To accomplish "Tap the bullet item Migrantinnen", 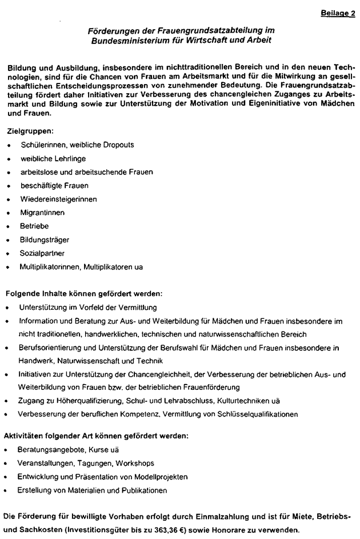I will click(42, 213).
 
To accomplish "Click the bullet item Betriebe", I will click(34, 226).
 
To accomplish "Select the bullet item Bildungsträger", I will click(43, 239).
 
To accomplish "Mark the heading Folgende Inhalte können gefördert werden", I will click(84, 294).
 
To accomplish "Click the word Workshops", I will click(135, 463).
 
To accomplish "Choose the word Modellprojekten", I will click(154, 477).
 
